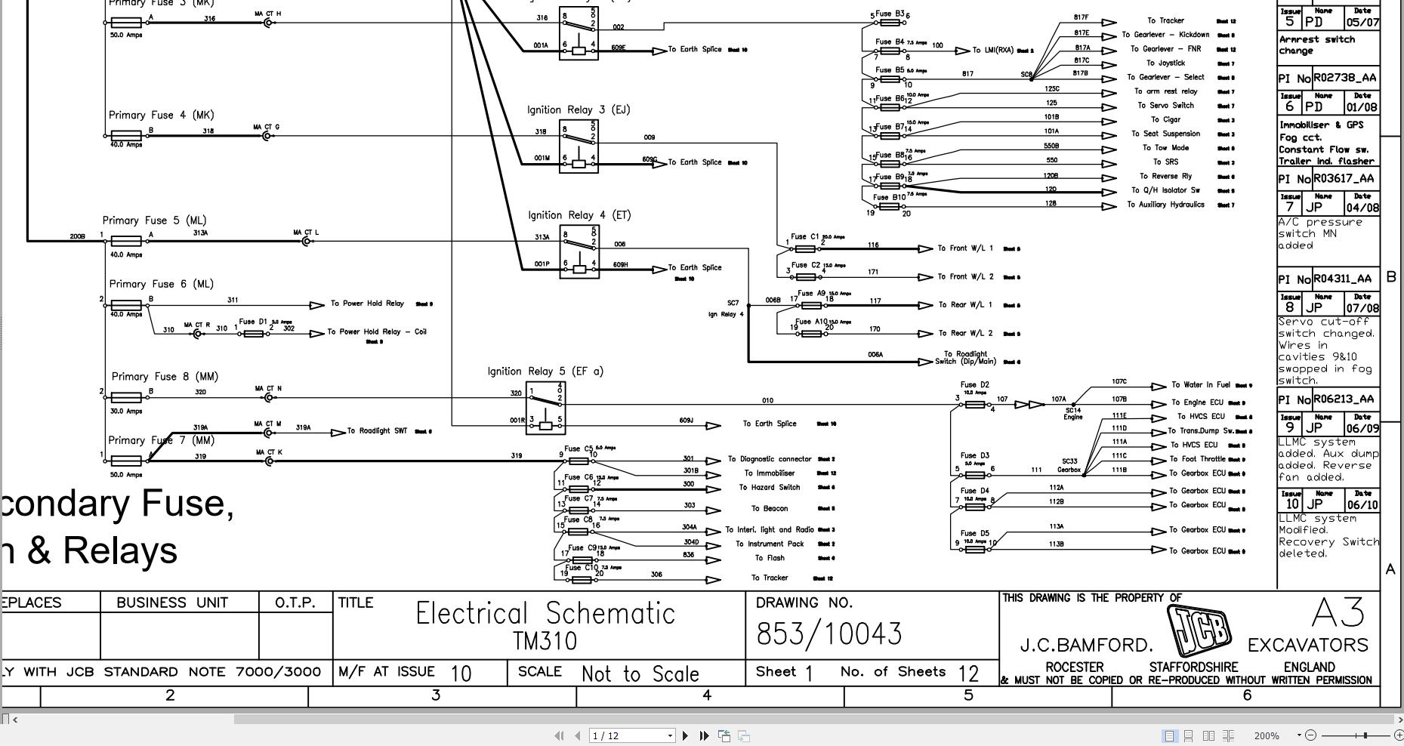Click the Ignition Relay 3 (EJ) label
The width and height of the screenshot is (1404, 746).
[x=579, y=110]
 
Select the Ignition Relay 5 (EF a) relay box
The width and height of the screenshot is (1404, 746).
[x=545, y=408]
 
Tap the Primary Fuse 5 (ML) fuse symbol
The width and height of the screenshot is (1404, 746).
[x=125, y=242]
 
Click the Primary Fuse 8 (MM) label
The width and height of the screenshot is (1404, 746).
[x=165, y=377]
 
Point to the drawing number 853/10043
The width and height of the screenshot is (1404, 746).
[x=829, y=634]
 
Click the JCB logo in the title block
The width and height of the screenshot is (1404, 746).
[x=1199, y=630]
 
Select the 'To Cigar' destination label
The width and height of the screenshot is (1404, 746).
[x=1165, y=120]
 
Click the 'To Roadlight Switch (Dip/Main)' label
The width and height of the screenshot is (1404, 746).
[x=966, y=358]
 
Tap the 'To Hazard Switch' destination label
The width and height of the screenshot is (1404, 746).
[x=769, y=488]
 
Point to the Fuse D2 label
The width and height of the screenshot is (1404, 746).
[x=974, y=385]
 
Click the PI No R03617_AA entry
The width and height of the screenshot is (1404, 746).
[x=1327, y=179]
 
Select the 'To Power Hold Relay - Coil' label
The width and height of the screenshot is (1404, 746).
[x=377, y=332]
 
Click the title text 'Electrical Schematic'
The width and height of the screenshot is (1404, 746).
[x=545, y=614]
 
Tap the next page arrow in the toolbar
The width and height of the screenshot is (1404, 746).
[x=685, y=735]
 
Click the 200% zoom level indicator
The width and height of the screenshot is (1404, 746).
[x=1267, y=735]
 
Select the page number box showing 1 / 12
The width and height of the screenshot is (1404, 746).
[x=631, y=735]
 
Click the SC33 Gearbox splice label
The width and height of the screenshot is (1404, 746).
[x=1069, y=465]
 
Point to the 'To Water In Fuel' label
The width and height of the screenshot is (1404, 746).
[x=1200, y=385]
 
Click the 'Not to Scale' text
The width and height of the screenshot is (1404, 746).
[x=640, y=674]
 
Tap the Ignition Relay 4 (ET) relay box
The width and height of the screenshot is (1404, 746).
[x=579, y=252]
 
